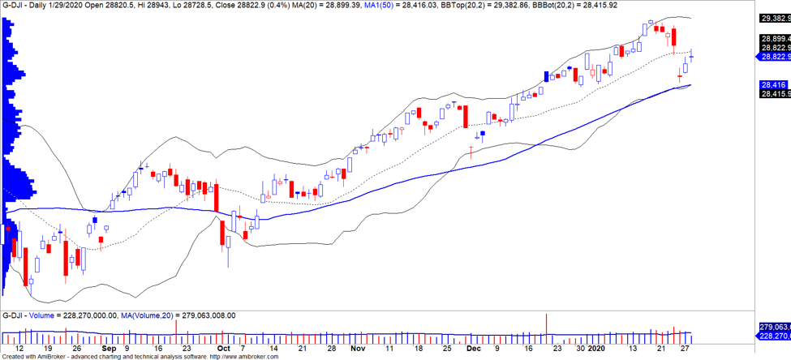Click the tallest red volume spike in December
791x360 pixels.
(x=548, y=323)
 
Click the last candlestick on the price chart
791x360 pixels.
(x=691, y=55)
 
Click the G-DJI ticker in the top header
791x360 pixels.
(x=13, y=5)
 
